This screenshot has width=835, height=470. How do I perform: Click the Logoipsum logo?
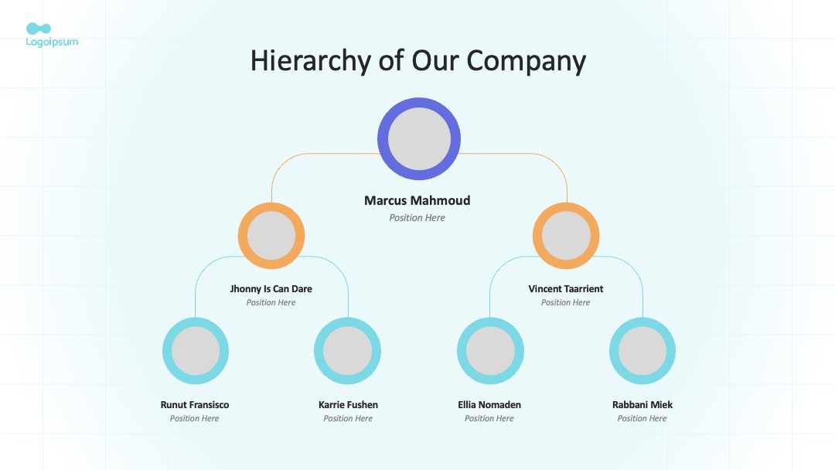pyautogui.click(x=52, y=35)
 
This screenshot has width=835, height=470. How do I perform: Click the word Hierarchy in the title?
pyautogui.click(x=311, y=61)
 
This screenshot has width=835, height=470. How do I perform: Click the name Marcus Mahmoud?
pyautogui.click(x=417, y=201)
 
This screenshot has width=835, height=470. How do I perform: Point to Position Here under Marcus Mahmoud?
pyautogui.click(x=417, y=218)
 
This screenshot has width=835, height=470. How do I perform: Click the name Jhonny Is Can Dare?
pyautogui.click(x=271, y=289)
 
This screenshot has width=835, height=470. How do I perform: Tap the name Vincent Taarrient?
pyautogui.click(x=565, y=289)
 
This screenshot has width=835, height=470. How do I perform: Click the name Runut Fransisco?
pyautogui.click(x=194, y=404)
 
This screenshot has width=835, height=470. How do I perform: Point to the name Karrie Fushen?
pyautogui.click(x=348, y=404)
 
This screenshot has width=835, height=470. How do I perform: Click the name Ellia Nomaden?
pyautogui.click(x=489, y=404)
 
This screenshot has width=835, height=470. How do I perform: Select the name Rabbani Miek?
pyautogui.click(x=642, y=404)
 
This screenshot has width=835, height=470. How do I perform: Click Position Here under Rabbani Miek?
pyautogui.click(x=642, y=418)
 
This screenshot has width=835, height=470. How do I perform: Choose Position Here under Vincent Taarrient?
pyautogui.click(x=565, y=302)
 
